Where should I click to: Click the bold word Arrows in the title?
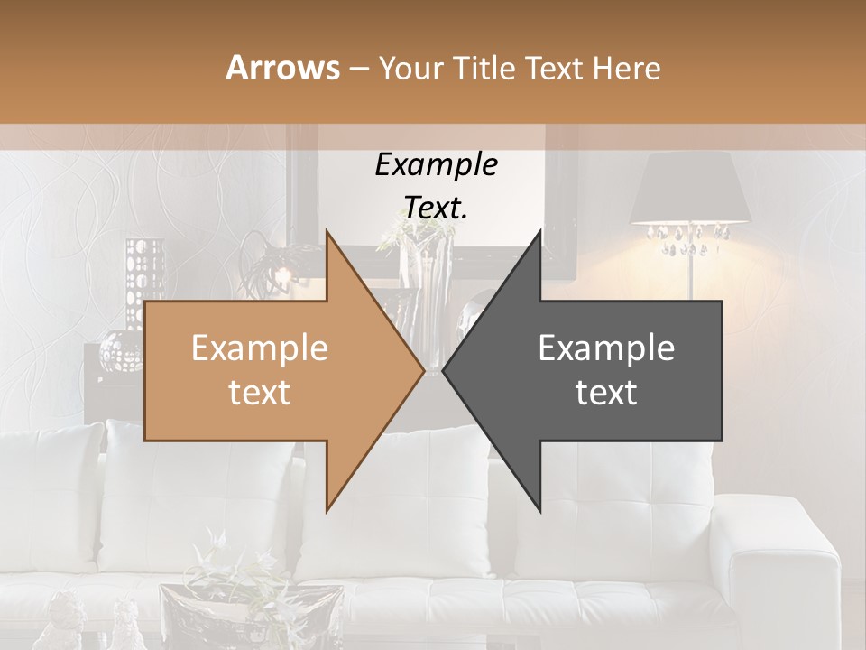[282, 68]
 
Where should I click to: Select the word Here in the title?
[626, 68]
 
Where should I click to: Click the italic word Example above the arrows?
[436, 164]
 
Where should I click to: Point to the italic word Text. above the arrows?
[436, 208]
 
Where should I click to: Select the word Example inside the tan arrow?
[259, 348]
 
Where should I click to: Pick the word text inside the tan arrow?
[259, 393]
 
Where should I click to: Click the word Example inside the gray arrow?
[606, 348]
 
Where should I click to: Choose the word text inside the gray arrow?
[606, 393]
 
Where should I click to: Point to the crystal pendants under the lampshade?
[690, 238]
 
